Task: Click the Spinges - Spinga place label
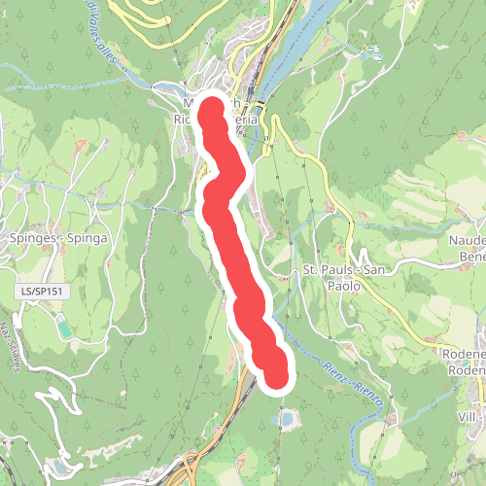(x=55, y=236)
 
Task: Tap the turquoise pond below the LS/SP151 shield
(x=64, y=330)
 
